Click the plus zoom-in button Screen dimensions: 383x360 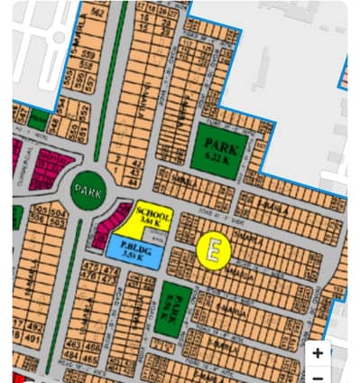click(318, 353)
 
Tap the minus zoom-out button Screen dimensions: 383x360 click(318, 376)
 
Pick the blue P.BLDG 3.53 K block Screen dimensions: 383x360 click(134, 252)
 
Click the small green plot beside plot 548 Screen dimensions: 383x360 click(38, 117)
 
